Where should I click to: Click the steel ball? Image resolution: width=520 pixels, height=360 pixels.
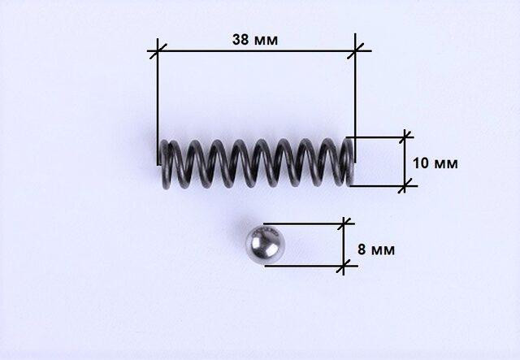click(266, 245)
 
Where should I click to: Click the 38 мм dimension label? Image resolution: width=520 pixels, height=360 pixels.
click(255, 40)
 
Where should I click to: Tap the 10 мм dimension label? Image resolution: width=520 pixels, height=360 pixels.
click(435, 163)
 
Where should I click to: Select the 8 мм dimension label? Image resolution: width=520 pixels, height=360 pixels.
click(376, 249)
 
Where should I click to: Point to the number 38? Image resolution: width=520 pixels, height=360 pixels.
click(240, 40)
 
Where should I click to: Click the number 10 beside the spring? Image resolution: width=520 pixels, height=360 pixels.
click(421, 163)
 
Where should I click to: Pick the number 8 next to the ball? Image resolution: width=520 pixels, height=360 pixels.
click(362, 249)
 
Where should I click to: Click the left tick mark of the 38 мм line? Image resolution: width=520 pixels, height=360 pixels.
click(157, 51)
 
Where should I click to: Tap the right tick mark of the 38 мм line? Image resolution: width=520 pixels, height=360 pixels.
click(355, 50)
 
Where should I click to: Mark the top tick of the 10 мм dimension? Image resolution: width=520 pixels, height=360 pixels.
click(405, 137)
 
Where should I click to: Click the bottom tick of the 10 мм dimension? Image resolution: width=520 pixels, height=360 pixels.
click(405, 186)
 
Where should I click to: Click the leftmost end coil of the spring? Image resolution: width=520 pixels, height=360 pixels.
click(165, 164)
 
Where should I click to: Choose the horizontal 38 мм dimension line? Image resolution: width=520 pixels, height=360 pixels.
click(256, 51)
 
